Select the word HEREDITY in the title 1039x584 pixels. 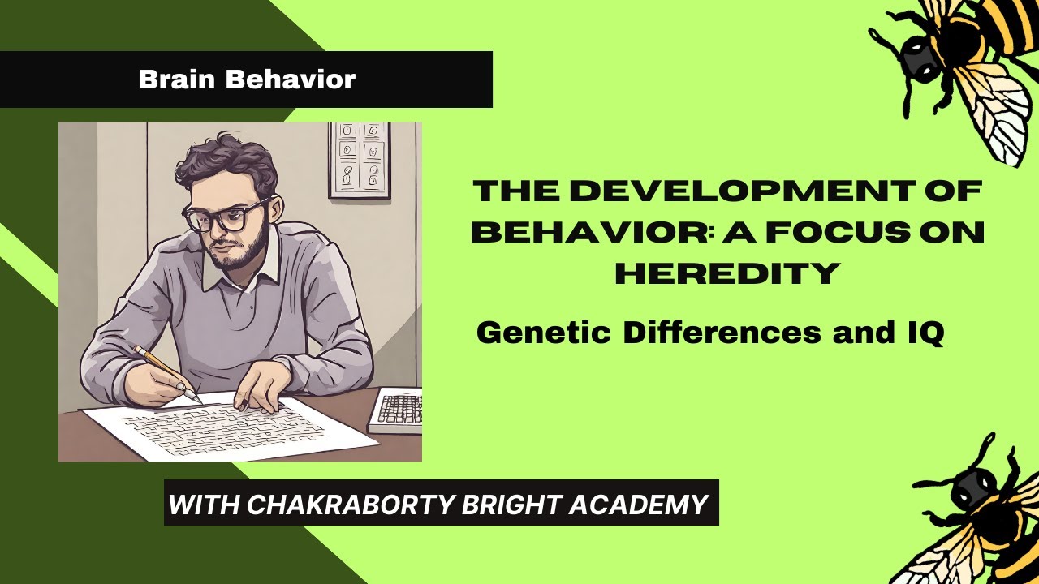tap(726, 273)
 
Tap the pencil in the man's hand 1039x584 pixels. tap(166, 371)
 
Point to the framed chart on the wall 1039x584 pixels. tap(359, 159)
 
